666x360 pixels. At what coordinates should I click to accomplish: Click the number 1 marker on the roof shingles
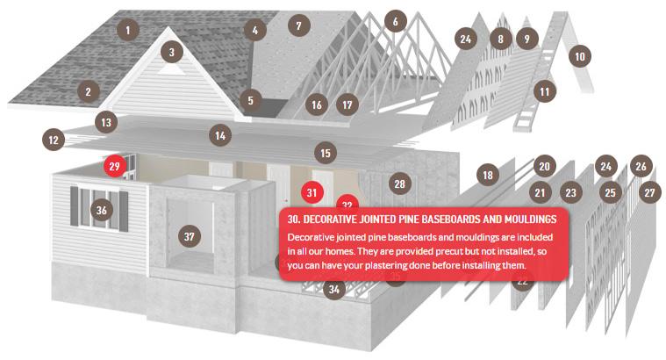pyautogui.click(x=128, y=30)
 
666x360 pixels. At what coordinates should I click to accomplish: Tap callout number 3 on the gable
pyautogui.click(x=172, y=53)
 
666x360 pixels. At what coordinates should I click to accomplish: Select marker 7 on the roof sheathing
pyautogui.click(x=299, y=26)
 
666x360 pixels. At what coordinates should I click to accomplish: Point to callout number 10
pyautogui.click(x=580, y=56)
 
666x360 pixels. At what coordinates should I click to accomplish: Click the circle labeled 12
pyautogui.click(x=54, y=140)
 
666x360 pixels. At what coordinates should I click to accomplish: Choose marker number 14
pyautogui.click(x=220, y=135)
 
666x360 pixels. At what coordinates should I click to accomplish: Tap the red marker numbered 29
pyautogui.click(x=115, y=166)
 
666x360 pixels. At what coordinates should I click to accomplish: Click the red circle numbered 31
pyautogui.click(x=312, y=192)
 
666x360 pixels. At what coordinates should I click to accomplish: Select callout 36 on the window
pyautogui.click(x=102, y=210)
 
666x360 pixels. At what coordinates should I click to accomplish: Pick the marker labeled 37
pyautogui.click(x=189, y=236)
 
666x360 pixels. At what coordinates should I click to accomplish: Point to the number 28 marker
pyautogui.click(x=399, y=184)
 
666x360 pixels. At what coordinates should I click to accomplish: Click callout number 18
pyautogui.click(x=488, y=175)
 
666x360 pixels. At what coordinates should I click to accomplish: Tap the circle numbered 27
pyautogui.click(x=649, y=192)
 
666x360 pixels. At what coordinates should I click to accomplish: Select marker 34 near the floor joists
pyautogui.click(x=334, y=289)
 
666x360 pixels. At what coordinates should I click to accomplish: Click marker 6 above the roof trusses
pyautogui.click(x=396, y=21)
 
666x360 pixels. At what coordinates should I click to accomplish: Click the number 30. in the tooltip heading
pyautogui.click(x=294, y=219)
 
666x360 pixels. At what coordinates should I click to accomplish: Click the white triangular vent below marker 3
pyautogui.click(x=171, y=69)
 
